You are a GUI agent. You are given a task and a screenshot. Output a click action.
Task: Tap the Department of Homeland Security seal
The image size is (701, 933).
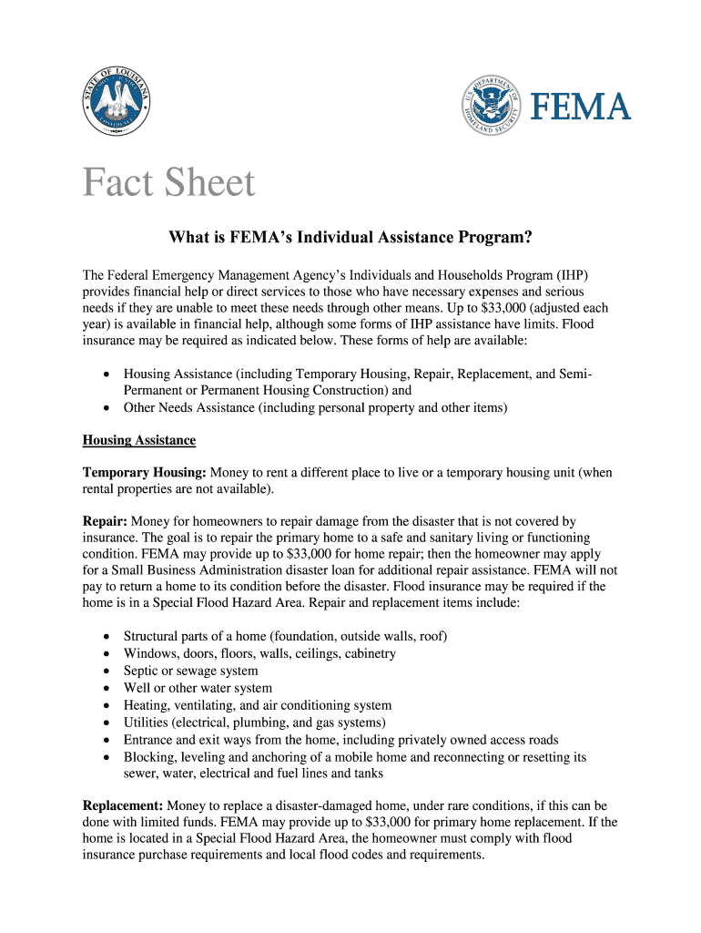click(493, 108)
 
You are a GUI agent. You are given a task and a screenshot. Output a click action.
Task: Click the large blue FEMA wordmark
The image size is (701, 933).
click(581, 108)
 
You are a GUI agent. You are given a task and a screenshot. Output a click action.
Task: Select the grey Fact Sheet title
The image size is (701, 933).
click(169, 183)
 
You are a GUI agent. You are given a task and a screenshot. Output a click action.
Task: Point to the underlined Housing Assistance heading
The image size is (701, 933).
click(139, 440)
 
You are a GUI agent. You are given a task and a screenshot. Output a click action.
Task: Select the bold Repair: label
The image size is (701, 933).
click(105, 521)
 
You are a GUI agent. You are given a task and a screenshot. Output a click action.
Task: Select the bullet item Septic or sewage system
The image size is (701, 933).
click(190, 671)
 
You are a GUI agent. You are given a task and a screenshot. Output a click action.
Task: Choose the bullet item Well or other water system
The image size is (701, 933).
click(198, 688)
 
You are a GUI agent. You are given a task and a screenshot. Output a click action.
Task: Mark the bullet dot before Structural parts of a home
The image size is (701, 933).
click(108, 637)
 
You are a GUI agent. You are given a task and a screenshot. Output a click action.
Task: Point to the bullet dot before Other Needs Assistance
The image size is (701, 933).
click(108, 408)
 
